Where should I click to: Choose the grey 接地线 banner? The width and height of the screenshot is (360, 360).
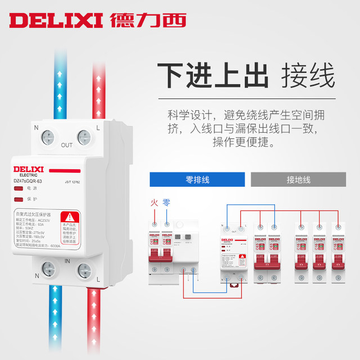tap(298, 179)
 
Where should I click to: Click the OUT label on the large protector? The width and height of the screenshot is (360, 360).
tap(67, 145)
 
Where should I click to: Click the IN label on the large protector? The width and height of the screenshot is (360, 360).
tap(67, 260)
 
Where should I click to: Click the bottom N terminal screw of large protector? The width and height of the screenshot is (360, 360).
tap(50, 270)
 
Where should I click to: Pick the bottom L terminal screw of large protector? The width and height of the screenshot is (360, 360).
tap(84, 270)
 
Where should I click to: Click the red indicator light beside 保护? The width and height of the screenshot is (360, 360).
tap(19, 199)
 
